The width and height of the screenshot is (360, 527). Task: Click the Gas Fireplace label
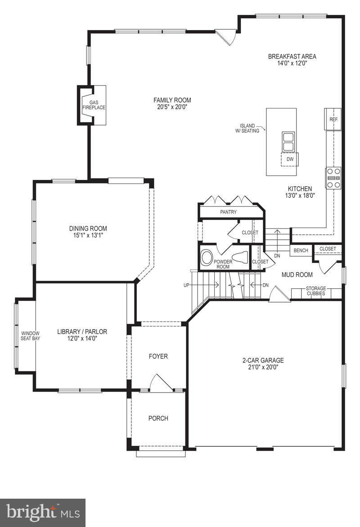94,105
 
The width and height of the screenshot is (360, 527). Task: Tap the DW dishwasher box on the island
290,159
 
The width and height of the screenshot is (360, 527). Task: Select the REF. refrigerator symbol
333,120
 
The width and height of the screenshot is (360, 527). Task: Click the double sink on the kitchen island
288,142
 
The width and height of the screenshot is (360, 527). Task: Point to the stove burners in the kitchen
333,178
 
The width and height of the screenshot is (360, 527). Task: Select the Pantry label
229,212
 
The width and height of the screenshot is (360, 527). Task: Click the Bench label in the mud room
301,250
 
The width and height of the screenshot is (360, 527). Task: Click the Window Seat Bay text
30,335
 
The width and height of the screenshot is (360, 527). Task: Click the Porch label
158,418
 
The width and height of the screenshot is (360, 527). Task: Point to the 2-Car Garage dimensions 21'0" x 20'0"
263,367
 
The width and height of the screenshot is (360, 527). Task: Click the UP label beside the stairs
186,285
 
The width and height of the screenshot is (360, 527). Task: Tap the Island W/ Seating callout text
247,128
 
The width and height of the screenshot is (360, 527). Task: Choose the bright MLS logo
43,513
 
